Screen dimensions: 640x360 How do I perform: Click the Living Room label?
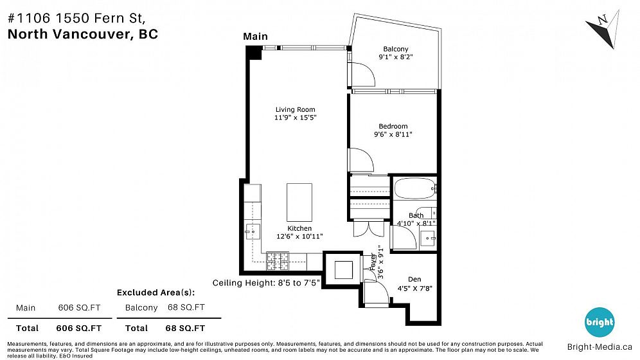point(295,109)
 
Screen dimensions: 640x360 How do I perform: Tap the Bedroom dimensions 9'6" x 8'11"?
point(393,134)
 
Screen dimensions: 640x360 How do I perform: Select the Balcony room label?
point(396,49)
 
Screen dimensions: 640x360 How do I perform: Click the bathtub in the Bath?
point(415,188)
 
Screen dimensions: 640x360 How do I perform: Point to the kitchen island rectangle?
point(299,203)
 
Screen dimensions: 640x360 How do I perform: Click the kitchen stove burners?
point(278,261)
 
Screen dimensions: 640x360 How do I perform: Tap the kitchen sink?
point(253,231)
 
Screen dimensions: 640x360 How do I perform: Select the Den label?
point(414,279)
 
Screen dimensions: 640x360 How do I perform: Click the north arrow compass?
point(603,29)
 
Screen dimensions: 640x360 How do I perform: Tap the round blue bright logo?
point(600,322)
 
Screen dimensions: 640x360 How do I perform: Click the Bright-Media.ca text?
point(600,347)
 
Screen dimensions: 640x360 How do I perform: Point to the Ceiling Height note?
point(266,283)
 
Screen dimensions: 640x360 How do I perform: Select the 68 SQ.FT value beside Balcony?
point(186,307)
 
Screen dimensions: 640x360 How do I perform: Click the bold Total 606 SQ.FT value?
point(79,328)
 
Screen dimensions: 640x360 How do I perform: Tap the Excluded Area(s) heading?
point(156,292)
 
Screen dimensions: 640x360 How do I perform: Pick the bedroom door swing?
point(361,160)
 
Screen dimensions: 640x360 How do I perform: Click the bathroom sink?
point(428,238)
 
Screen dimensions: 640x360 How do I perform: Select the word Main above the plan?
point(256,37)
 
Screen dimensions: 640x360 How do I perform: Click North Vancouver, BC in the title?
point(83,34)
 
